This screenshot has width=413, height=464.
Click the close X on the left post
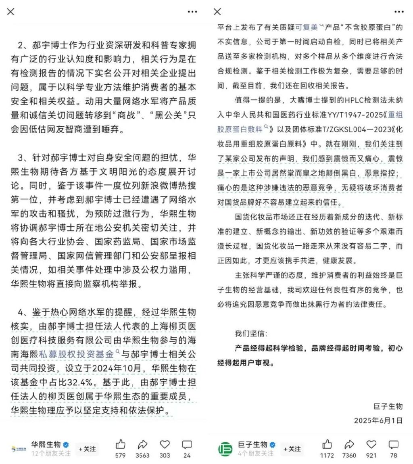[11, 12]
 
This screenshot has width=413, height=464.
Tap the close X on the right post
[217, 12]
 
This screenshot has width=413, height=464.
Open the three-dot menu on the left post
[192, 12]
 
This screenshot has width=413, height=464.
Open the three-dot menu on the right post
[399, 12]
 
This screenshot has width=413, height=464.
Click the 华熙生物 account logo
[19, 449]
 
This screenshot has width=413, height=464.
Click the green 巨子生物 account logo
[225, 449]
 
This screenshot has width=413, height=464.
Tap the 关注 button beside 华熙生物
[88, 449]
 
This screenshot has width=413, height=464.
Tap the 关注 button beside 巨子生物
[292, 449]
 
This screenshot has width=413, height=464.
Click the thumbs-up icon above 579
[120, 444]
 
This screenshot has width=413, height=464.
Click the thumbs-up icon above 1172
[327, 444]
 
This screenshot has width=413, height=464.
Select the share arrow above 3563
[142, 444]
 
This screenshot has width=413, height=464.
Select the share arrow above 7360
[349, 444]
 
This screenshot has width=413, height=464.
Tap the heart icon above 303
[165, 444]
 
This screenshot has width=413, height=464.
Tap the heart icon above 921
[371, 444]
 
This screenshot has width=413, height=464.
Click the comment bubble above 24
[187, 444]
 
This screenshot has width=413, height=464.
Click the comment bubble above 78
[393, 444]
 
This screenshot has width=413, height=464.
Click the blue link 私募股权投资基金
[77, 355]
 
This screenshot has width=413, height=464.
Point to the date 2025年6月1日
[378, 420]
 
